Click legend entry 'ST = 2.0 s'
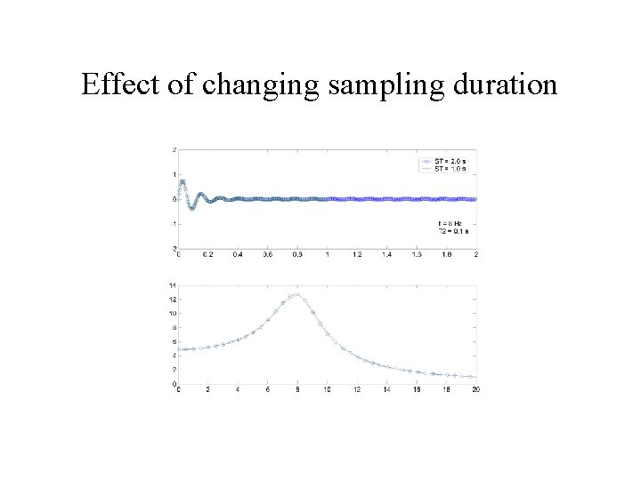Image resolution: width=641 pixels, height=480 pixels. tap(451, 160)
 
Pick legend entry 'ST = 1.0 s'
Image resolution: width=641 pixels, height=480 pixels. tap(451, 167)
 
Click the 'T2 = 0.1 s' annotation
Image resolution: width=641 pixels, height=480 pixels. tap(453, 230)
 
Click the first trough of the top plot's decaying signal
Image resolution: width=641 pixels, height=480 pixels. tap(191, 209)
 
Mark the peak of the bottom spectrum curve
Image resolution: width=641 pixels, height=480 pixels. tap(296, 294)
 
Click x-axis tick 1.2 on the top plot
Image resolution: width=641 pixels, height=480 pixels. tap(357, 255)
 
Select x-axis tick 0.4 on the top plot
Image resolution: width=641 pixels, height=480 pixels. tap(238, 255)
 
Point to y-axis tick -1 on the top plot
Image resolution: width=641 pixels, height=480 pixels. tap(173, 224)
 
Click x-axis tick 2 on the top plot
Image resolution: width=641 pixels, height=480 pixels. tap(476, 255)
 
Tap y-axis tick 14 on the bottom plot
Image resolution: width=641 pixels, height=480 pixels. tap(172, 284)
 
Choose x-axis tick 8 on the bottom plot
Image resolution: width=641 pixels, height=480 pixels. tap(297, 390)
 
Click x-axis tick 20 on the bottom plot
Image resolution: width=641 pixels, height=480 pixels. tap(475, 390)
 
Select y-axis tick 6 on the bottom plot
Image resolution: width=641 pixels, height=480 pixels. tap(173, 341)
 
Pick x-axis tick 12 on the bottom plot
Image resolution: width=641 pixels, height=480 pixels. tap(357, 390)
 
